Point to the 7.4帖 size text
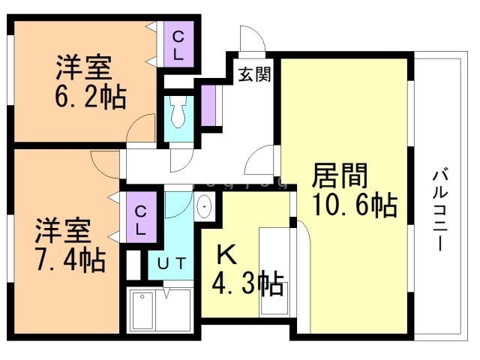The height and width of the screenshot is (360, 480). (x=70, y=259)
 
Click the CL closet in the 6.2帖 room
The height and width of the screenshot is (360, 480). (x=178, y=45)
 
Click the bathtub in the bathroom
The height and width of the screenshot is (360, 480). (x=142, y=310)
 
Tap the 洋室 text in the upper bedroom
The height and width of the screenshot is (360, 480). (x=84, y=68)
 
